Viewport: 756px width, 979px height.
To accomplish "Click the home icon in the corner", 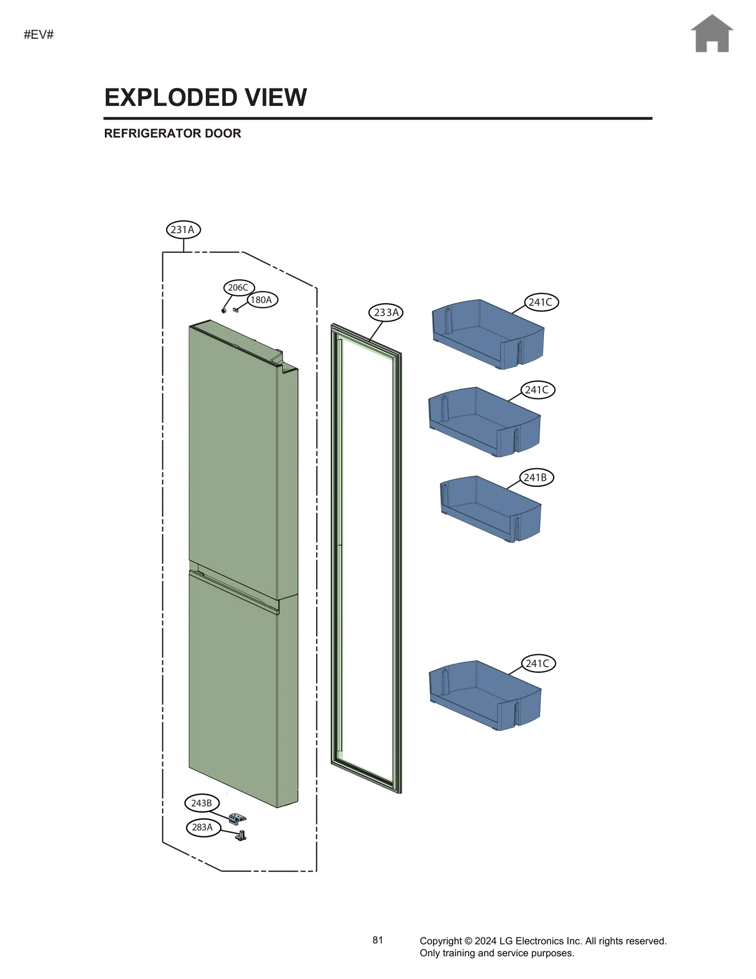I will click(712, 34).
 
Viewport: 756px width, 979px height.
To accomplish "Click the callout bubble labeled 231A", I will click(183, 230).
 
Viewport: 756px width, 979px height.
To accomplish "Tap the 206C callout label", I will click(239, 287).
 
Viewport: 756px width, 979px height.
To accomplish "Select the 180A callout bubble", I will click(262, 300).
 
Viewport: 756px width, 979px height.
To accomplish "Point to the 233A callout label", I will click(386, 312).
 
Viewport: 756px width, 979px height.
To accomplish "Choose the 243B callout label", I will click(202, 803).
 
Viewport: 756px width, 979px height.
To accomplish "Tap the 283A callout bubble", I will click(203, 827).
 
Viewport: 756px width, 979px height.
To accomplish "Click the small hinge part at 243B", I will click(237, 817).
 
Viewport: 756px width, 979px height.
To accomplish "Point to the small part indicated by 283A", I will click(241, 836).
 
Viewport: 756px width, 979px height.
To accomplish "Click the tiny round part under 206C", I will click(224, 311).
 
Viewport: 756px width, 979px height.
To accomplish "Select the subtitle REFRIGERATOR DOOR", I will click(172, 133).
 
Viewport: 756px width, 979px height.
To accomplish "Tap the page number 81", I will click(378, 940).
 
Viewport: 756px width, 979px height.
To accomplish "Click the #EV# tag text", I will click(39, 35).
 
